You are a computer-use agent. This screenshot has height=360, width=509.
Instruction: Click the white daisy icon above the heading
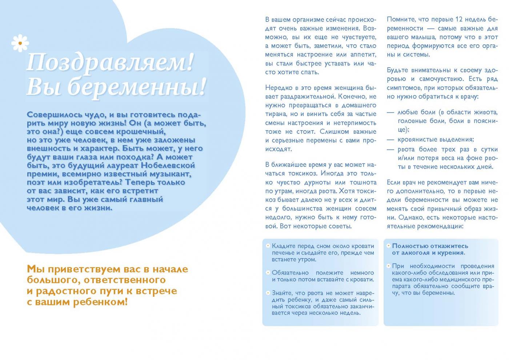pos(20,43)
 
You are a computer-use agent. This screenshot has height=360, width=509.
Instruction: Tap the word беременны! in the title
pos(137,87)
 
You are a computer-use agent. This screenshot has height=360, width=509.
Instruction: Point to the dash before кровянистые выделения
pos(390,139)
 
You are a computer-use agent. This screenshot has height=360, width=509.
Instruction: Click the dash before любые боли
pos(390,112)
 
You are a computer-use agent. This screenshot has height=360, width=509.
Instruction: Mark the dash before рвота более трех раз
pos(390,149)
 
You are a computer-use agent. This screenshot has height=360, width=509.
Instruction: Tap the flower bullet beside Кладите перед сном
pos(268,246)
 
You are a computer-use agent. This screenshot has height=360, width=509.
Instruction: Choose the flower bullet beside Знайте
pos(268,293)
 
